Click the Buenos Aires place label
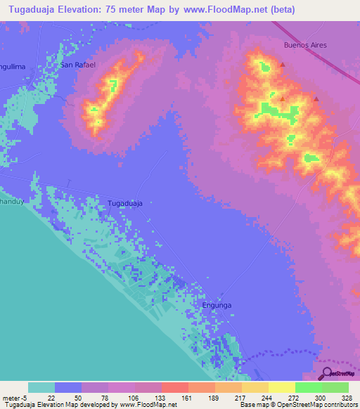(x=305, y=44)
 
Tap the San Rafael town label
(x=77, y=65)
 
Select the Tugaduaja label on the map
(x=125, y=203)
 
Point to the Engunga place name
(x=217, y=306)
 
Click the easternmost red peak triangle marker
(x=316, y=99)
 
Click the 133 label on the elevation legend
(x=161, y=398)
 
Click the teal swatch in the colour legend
(x=41, y=387)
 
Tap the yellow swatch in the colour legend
(x=281, y=387)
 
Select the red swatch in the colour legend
(x=174, y=387)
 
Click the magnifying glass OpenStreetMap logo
(x=326, y=373)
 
